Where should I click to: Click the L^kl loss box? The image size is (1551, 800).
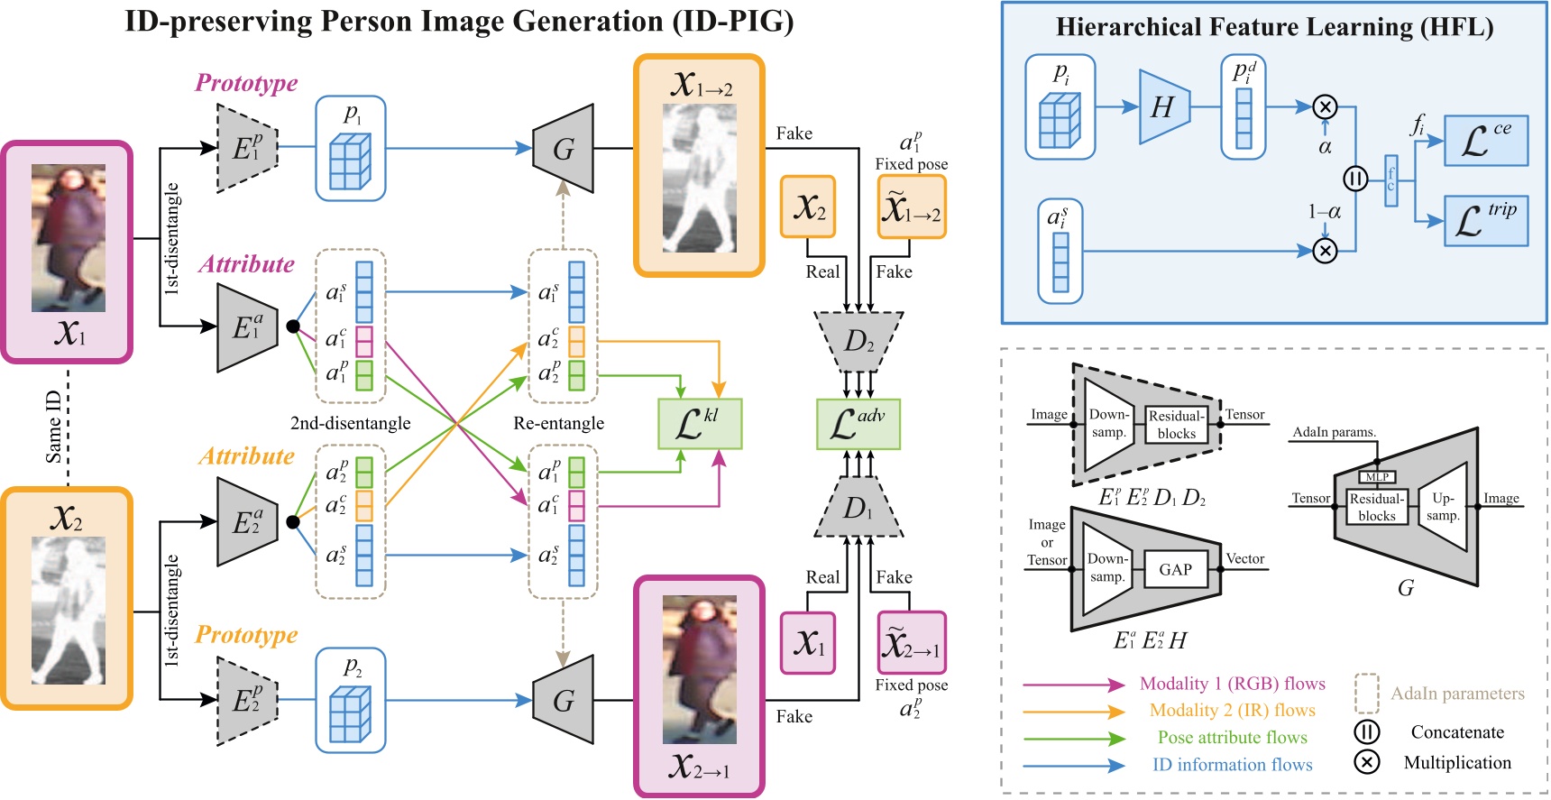(x=700, y=424)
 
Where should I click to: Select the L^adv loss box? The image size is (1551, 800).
(x=858, y=424)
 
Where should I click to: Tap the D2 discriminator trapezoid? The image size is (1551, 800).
(x=858, y=342)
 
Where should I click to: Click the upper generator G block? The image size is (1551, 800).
(x=564, y=149)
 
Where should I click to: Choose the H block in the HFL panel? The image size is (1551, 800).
(x=1164, y=107)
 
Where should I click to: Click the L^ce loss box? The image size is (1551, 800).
(x=1485, y=141)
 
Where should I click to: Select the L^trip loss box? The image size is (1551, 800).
(x=1485, y=221)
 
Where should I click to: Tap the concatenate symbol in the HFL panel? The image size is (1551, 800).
(x=1355, y=179)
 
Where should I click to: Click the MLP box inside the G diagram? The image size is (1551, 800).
(x=1377, y=477)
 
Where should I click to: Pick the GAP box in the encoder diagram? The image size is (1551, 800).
(x=1175, y=570)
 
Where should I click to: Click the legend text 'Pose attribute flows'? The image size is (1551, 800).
(x=1232, y=738)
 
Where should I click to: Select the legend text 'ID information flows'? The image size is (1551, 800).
(x=1232, y=765)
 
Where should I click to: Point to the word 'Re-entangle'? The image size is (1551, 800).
(x=558, y=423)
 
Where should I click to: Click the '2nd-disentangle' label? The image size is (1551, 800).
(x=350, y=423)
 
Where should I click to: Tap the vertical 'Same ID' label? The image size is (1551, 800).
(x=54, y=426)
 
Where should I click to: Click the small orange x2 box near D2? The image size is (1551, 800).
(x=808, y=207)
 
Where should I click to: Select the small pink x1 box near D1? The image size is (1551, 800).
(x=808, y=643)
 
